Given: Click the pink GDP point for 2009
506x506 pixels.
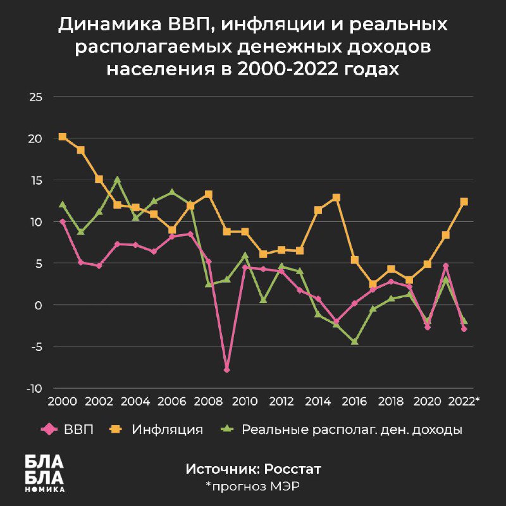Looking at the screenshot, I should (226, 369).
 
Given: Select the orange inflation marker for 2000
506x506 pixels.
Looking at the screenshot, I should (63, 137).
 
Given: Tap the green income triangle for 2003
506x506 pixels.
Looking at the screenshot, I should (117, 180).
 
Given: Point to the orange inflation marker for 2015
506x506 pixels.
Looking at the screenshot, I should (336, 197).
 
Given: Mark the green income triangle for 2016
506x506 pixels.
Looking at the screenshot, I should (355, 341).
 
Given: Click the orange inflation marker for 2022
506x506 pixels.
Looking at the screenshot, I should (464, 202).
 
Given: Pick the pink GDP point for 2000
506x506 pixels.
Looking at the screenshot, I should (63, 222).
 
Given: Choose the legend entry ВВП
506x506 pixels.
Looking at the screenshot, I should (78, 430).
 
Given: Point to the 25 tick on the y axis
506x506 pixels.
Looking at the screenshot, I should (34, 97).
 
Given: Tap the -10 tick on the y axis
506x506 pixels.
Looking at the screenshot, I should (34, 388).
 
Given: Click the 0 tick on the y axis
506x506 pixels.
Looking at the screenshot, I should (37, 305).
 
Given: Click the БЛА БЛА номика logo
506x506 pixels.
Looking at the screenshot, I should (44, 473).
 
